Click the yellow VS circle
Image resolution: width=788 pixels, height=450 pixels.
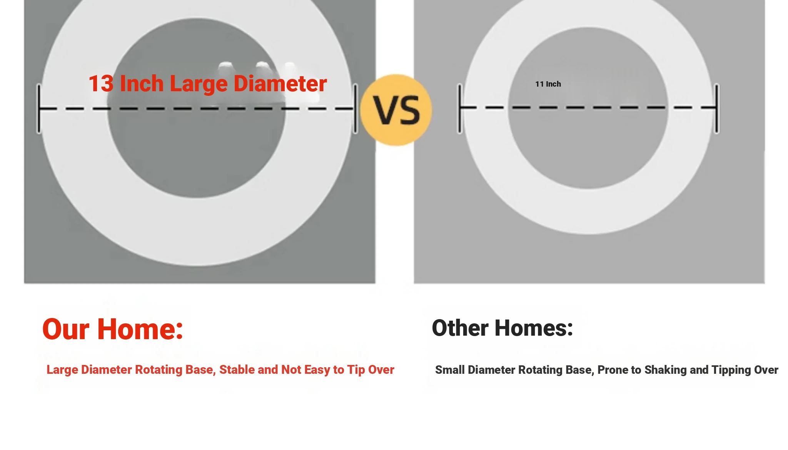pos(396,110)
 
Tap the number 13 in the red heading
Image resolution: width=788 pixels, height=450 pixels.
pos(101,84)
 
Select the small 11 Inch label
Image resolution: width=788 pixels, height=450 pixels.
pos(548,84)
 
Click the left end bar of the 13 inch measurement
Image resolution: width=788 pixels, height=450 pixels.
pos(39,109)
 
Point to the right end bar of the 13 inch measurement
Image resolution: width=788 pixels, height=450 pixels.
pos(356,109)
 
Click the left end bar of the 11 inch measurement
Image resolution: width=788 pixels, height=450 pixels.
pos(459,109)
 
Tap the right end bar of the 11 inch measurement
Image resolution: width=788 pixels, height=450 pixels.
pos(716,109)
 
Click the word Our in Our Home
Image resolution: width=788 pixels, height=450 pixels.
pos(66,330)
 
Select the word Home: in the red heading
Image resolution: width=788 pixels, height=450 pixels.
pos(140,329)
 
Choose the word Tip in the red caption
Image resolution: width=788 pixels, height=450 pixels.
pos(356,370)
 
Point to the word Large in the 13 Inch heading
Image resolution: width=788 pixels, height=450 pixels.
pos(199,84)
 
